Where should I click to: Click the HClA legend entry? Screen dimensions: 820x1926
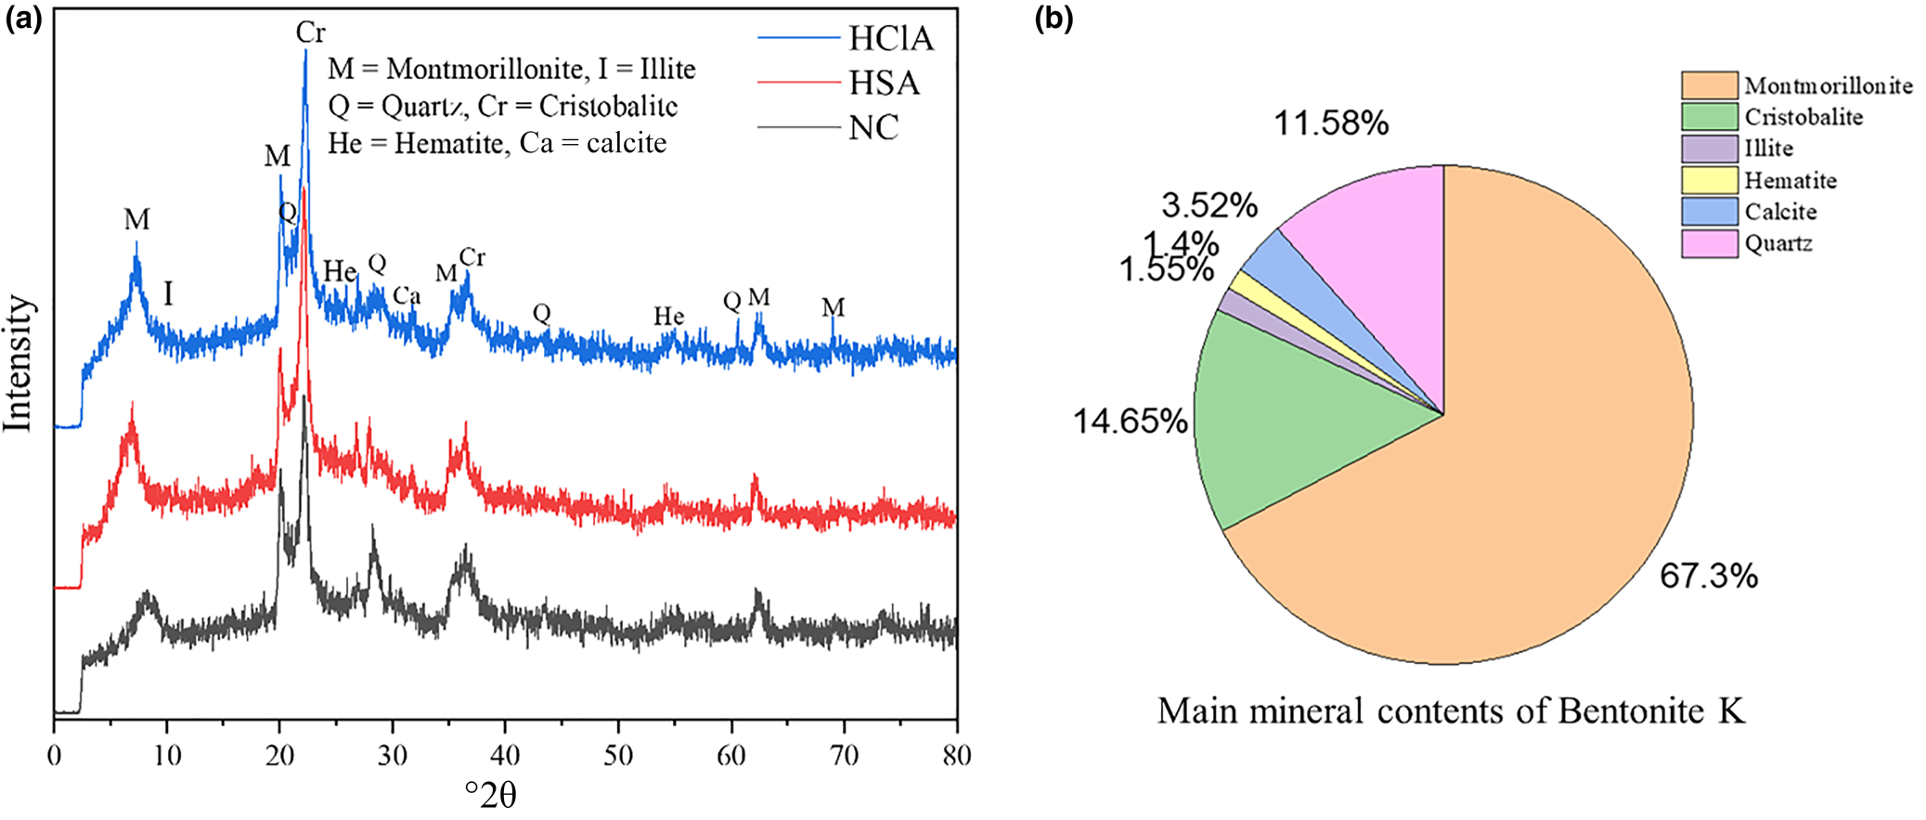tap(890, 38)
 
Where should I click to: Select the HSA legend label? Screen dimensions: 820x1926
tap(884, 84)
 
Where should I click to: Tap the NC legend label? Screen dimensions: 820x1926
tap(873, 127)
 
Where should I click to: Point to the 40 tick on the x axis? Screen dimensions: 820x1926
tap(505, 754)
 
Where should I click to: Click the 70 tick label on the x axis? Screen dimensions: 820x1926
tap(844, 754)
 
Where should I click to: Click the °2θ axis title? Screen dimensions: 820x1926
tap(490, 795)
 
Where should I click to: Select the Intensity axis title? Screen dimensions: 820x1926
tap(18, 363)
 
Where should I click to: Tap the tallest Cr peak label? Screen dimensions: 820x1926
tap(310, 33)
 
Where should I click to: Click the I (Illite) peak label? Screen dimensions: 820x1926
tap(168, 294)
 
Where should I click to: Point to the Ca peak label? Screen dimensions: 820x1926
tap(407, 296)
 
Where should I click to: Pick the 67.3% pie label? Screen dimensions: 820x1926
tap(1708, 577)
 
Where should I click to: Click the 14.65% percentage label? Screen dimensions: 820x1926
tap(1130, 422)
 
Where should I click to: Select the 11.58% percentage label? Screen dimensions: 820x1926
tap(1330, 123)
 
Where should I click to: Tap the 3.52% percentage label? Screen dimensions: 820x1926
tap(1209, 205)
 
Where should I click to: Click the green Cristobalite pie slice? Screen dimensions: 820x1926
tap(1299, 418)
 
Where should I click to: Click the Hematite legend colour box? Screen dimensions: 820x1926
tap(1708, 180)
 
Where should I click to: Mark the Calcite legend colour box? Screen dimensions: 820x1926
tap(1708, 212)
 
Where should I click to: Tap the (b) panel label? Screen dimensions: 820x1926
tap(1053, 20)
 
